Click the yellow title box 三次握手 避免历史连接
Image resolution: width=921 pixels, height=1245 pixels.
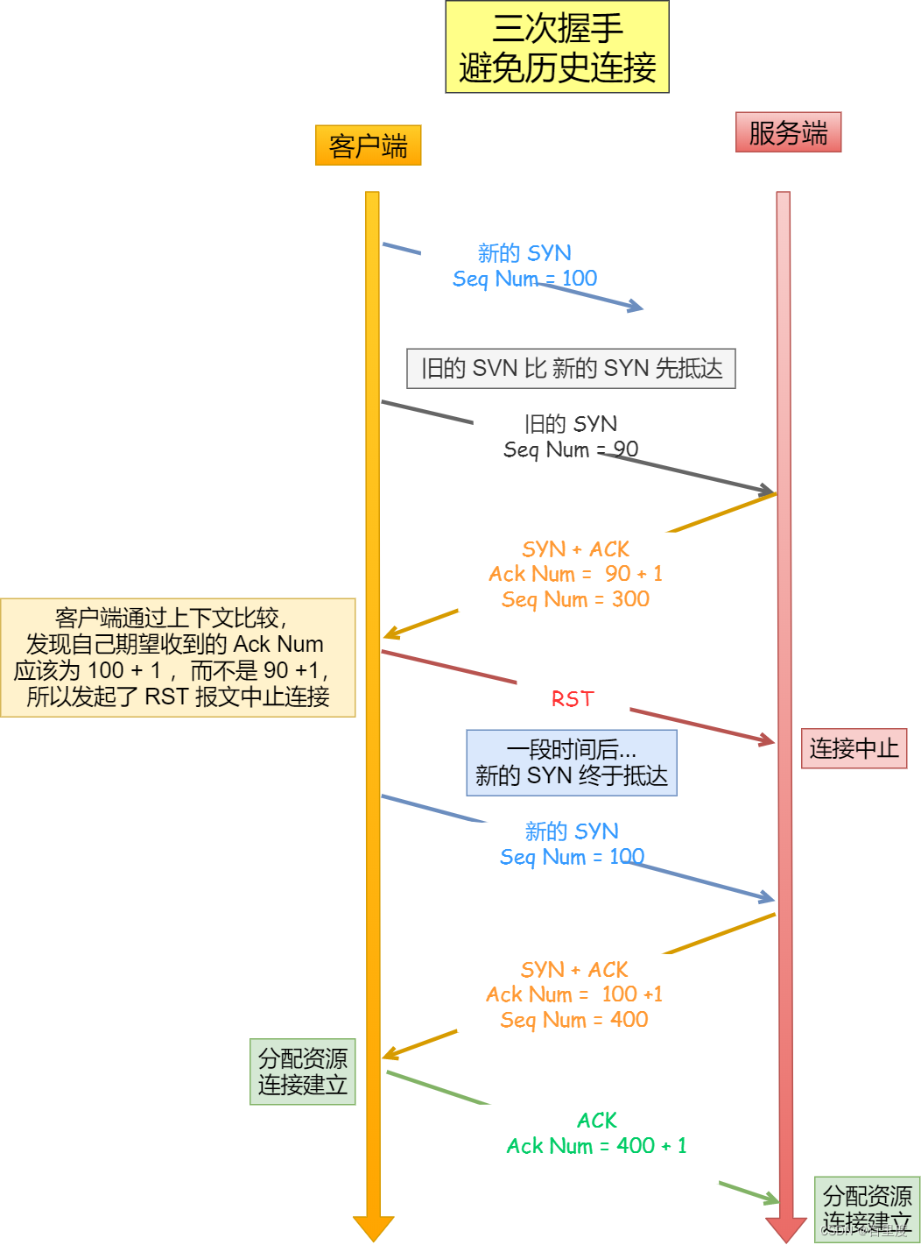click(557, 47)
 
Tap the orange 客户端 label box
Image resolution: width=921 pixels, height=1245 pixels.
click(368, 145)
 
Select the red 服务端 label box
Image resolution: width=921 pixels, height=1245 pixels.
click(788, 132)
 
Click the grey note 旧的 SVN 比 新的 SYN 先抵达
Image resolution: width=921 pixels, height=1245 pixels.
click(571, 368)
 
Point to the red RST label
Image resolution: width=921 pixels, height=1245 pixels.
click(573, 699)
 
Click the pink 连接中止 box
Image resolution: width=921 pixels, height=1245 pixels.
click(854, 748)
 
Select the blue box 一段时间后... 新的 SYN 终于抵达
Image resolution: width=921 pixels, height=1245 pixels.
click(572, 762)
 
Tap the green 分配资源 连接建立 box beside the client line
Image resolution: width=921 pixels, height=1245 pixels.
click(302, 1072)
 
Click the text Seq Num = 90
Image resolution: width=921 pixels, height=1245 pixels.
click(571, 449)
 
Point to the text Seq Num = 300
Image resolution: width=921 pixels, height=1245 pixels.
click(575, 599)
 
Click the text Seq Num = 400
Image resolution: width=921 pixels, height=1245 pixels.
click(574, 1020)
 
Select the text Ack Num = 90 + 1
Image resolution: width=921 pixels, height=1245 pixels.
click(575, 574)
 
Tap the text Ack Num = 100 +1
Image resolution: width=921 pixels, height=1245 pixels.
click(574, 994)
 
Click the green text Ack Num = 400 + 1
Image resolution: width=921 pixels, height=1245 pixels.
click(596, 1146)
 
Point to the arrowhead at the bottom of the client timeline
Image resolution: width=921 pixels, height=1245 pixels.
click(373, 1227)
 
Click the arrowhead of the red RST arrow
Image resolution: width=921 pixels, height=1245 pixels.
click(768, 741)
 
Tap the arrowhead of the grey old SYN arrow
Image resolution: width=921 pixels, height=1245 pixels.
click(767, 490)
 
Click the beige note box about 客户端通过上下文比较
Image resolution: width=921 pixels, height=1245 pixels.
click(178, 657)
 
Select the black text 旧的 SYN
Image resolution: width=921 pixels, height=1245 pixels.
click(571, 424)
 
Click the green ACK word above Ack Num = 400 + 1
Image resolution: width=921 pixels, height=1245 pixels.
click(597, 1121)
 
